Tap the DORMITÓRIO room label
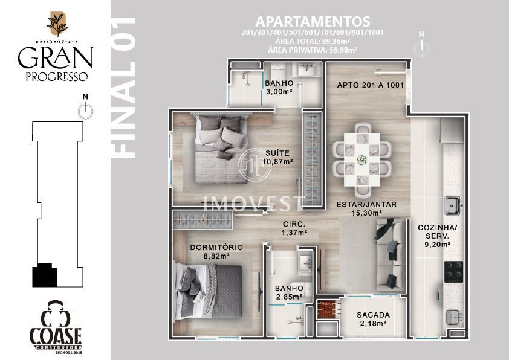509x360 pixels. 216,247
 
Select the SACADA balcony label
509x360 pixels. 373,315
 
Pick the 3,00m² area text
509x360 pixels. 279,91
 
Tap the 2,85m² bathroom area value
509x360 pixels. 288,297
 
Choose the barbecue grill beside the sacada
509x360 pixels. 327,307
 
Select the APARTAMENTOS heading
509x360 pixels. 313,22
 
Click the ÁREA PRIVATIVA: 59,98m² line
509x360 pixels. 313,50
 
